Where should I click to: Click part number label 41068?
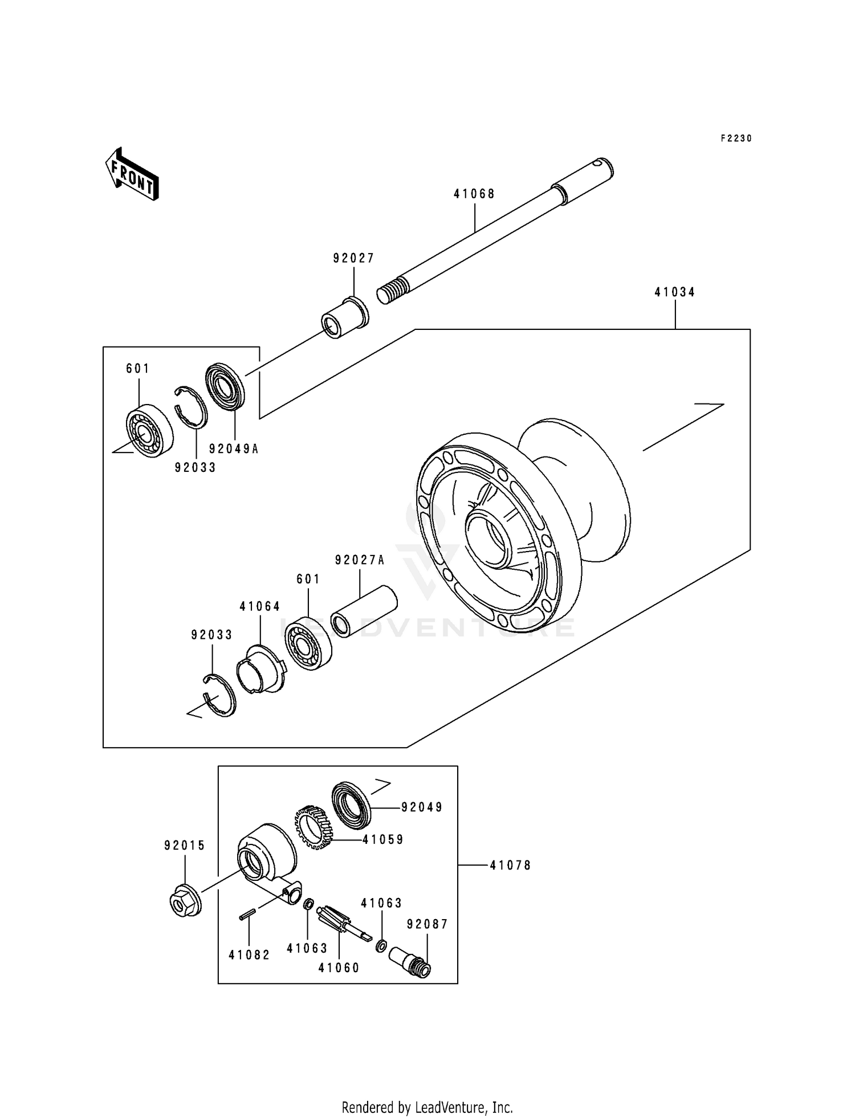click(x=474, y=194)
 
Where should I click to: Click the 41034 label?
click(x=675, y=292)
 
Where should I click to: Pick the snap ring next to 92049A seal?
click(x=192, y=406)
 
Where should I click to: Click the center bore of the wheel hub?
click(x=487, y=538)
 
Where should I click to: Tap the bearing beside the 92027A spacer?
click(x=308, y=643)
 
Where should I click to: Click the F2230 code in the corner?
click(x=736, y=138)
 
